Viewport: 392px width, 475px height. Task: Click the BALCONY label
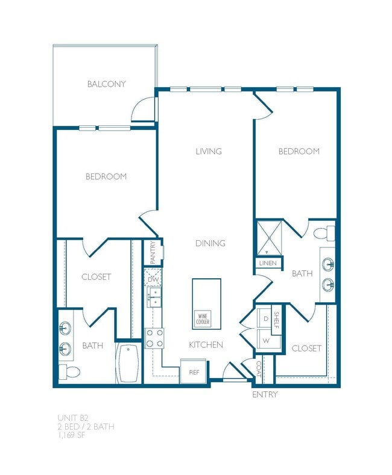(106, 84)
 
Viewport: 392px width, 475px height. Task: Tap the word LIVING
(208, 151)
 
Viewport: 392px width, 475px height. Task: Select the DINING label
(210, 243)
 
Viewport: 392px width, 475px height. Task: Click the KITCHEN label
(206, 345)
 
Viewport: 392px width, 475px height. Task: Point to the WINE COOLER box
(203, 319)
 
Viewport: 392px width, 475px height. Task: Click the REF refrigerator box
(194, 371)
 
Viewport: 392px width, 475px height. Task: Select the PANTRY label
(153, 253)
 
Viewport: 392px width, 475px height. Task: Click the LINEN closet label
(267, 263)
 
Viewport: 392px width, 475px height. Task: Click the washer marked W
(264, 341)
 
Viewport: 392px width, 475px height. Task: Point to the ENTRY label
(265, 395)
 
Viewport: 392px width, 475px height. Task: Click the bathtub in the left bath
(128, 363)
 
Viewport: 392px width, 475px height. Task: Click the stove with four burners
(154, 338)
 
